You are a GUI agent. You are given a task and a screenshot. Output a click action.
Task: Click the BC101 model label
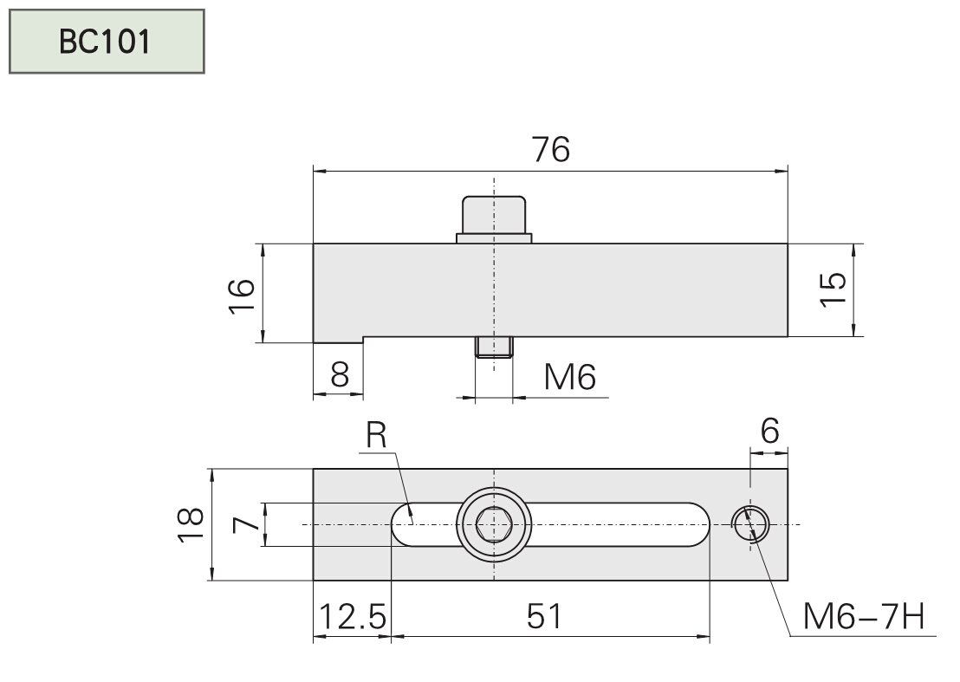(106, 41)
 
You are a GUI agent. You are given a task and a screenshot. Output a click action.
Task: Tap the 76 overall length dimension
(551, 150)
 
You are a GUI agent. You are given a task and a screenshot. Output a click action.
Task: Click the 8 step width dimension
(340, 376)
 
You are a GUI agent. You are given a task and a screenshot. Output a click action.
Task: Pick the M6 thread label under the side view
(569, 377)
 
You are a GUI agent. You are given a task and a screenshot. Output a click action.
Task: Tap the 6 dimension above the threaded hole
(770, 430)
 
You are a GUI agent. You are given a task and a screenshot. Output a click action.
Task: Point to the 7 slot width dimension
(245, 525)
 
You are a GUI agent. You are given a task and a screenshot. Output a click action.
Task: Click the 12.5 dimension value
(352, 617)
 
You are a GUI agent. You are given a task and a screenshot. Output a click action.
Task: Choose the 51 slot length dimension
(545, 617)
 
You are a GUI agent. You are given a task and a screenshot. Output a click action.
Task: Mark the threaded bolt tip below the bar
(494, 347)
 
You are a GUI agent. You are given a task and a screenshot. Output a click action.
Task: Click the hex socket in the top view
(493, 524)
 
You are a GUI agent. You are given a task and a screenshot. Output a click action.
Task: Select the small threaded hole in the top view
(750, 523)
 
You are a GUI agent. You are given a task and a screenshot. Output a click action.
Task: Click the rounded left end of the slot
(404, 524)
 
